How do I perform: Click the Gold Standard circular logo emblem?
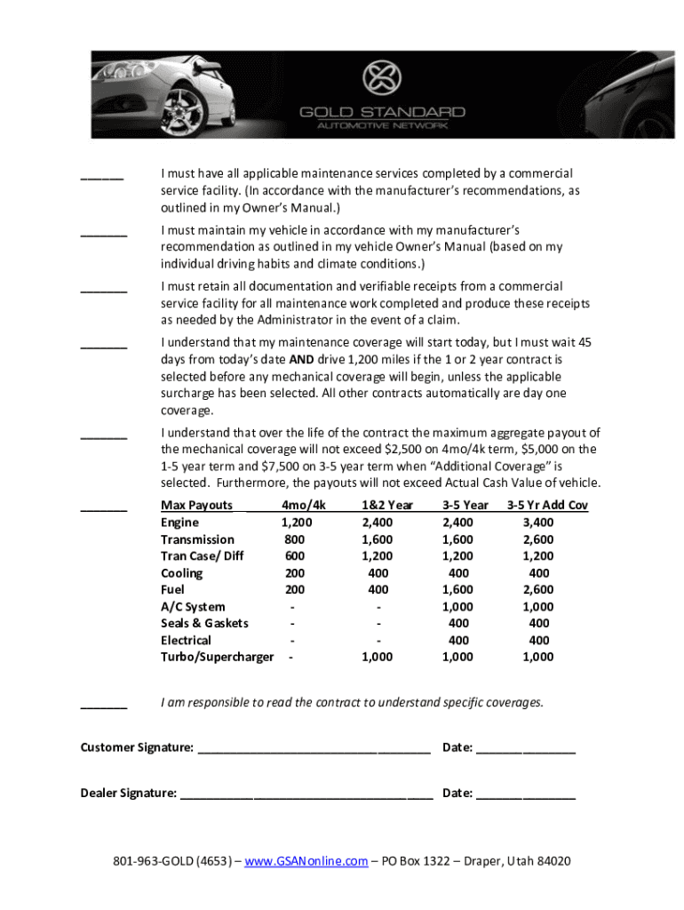point(382,79)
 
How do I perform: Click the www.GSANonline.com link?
point(306,862)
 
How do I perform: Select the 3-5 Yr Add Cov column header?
point(547,506)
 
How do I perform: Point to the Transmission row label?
point(197,539)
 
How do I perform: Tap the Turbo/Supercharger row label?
point(217,657)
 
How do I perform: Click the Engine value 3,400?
point(538,523)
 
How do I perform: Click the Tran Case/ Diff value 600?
point(295,556)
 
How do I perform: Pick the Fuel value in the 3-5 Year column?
point(458,589)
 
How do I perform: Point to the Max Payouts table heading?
point(196,506)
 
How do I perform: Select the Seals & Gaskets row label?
point(204,623)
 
